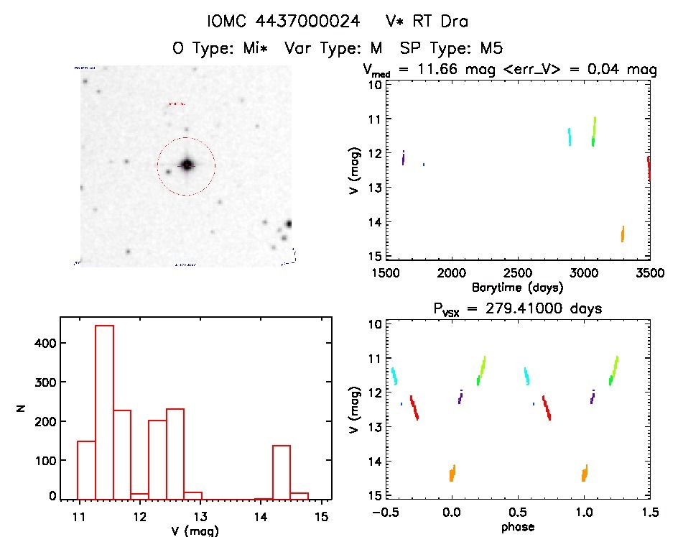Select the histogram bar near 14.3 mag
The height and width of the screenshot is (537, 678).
pos(282,472)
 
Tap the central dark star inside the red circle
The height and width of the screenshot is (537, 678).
pos(187,165)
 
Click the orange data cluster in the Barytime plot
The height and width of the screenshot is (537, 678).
pos(623,234)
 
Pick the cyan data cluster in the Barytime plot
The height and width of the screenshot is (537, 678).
pos(570,137)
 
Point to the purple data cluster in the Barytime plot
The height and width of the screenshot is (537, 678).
pos(404,158)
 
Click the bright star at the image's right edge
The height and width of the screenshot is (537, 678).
pos(288,224)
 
